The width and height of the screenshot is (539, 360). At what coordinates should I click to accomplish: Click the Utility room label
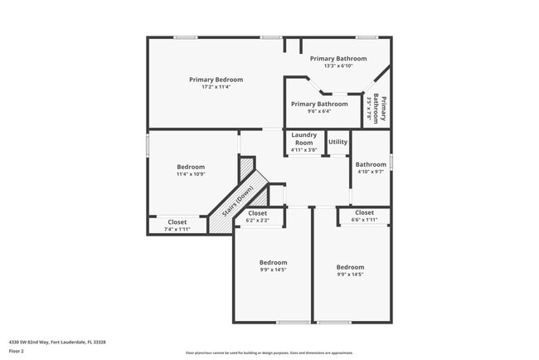tap(337, 142)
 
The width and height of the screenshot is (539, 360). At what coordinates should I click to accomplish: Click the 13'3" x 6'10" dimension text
tap(338, 66)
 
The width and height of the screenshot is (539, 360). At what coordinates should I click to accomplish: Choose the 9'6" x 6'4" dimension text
tap(319, 111)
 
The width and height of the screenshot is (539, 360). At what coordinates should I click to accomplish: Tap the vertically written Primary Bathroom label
tap(381, 109)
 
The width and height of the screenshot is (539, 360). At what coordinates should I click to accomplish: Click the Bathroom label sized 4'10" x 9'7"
tap(371, 164)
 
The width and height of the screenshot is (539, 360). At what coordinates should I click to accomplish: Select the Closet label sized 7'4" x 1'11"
tap(177, 221)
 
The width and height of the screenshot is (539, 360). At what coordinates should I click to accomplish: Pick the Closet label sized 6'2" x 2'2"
tap(257, 213)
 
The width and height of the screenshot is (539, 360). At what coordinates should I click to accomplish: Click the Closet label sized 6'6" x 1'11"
tap(364, 213)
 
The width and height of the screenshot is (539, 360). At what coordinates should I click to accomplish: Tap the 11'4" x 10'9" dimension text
tap(190, 174)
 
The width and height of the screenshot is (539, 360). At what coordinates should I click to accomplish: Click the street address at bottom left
tap(57, 341)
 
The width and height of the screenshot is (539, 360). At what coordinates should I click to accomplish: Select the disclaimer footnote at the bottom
tap(269, 353)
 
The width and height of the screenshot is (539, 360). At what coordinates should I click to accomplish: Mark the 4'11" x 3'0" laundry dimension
tap(304, 150)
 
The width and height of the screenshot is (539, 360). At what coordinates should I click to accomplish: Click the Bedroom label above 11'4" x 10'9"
tap(190, 167)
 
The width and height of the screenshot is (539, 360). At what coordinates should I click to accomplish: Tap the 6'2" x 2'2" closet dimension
tap(257, 220)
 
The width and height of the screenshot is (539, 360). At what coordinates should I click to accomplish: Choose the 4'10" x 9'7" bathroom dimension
tap(371, 172)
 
